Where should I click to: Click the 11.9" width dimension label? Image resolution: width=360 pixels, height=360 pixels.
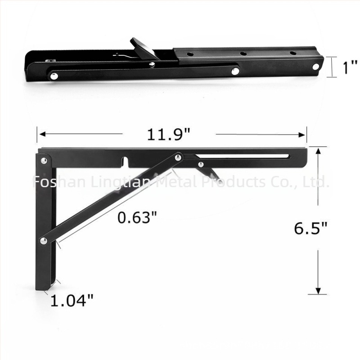point(168,134)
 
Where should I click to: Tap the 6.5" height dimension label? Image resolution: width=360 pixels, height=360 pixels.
point(310,228)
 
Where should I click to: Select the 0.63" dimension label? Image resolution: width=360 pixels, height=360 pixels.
point(137,217)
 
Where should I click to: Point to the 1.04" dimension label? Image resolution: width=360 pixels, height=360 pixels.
point(72,300)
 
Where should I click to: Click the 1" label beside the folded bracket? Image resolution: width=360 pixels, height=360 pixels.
point(350,67)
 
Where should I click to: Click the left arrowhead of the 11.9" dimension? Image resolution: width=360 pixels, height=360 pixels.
point(42,134)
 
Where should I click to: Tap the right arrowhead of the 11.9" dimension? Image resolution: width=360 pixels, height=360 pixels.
point(301,135)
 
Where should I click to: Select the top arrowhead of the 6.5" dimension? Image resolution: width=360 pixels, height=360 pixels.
point(318,151)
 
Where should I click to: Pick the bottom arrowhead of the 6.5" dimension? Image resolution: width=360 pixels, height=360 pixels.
point(318,291)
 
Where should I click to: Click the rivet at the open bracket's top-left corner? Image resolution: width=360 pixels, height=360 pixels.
point(44,161)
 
